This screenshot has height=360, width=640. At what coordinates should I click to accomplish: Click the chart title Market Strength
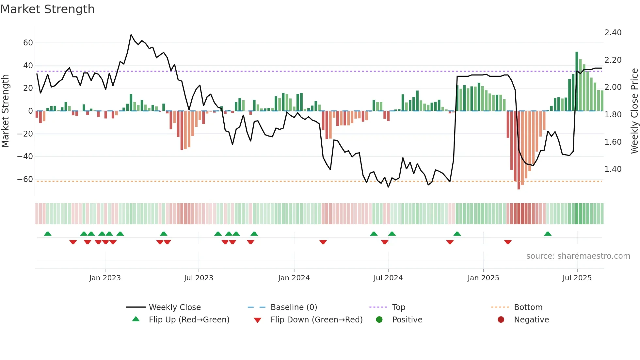(48, 9)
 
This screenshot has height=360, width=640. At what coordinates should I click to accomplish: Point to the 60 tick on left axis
(28, 43)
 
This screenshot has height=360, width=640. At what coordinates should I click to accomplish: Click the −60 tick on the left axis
(25, 179)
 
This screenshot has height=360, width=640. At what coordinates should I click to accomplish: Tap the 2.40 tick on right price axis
(613, 33)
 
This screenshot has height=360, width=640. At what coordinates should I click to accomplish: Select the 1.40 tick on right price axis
(613, 169)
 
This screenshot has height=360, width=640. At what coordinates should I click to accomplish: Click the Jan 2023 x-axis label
(105, 278)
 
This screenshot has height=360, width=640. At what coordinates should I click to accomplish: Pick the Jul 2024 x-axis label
(388, 278)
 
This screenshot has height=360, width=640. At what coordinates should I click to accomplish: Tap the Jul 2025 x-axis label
(577, 278)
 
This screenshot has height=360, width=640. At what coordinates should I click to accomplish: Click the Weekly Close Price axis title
(634, 111)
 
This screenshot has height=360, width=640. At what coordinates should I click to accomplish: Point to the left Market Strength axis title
(6, 111)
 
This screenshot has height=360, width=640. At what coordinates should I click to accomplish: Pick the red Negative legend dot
(501, 320)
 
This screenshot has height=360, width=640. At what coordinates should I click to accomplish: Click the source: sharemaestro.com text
(578, 256)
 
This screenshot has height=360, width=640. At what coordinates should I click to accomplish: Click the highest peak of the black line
(131, 35)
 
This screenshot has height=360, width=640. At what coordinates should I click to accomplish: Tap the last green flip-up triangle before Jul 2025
(548, 234)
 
